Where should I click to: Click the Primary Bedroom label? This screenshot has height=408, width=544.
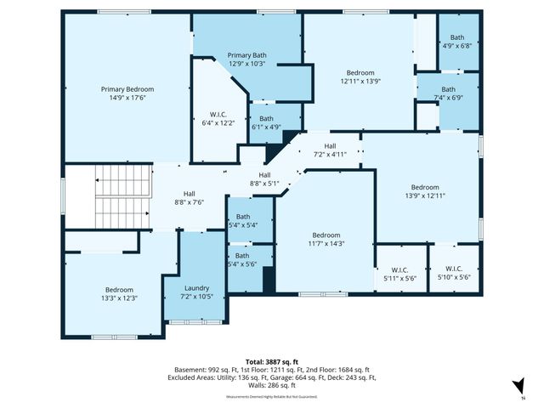pyautogui.click(x=127, y=89)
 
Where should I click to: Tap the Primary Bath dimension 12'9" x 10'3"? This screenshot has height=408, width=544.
pyautogui.click(x=246, y=64)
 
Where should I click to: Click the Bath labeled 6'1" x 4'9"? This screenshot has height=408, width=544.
pyautogui.click(x=266, y=123)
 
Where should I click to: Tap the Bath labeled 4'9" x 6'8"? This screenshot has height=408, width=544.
pyautogui.click(x=457, y=42)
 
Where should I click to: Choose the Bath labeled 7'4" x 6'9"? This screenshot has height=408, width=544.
pyautogui.click(x=448, y=93)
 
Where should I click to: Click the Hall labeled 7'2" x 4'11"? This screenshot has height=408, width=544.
pyautogui.click(x=330, y=150)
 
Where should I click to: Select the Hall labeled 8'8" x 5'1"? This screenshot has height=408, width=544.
pyautogui.click(x=264, y=178)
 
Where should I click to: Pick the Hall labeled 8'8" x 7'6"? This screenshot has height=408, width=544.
pyautogui.click(x=189, y=198)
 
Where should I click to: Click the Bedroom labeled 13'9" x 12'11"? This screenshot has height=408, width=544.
pyautogui.click(x=426, y=191)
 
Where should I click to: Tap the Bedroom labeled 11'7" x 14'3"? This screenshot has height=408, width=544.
pyautogui.click(x=326, y=240)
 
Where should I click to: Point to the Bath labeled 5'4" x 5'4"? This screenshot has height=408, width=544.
pyautogui.click(x=242, y=221)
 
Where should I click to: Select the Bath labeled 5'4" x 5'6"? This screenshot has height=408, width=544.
pyautogui.click(x=242, y=260)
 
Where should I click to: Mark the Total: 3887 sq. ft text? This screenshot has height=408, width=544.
pyautogui.click(x=271, y=362)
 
